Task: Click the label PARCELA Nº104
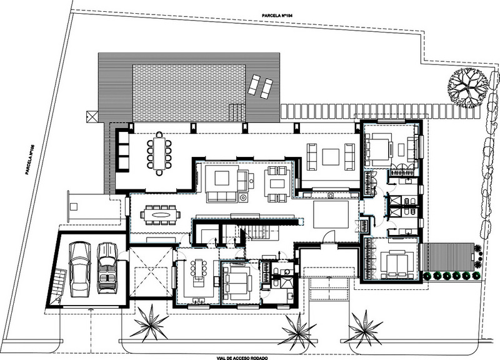coord(277,15)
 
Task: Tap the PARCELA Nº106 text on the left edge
coord(30,159)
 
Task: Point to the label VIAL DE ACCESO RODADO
coord(242,358)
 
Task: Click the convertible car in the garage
coord(107,268)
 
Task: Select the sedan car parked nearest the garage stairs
coord(80,269)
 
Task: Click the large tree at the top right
coord(467,88)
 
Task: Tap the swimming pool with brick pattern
coord(189,93)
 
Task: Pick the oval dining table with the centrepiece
coord(161,214)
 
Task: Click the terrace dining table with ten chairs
coord(159,154)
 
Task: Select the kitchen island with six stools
coord(198,271)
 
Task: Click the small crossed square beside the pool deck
coord(91,116)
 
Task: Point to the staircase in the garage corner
coord(59,285)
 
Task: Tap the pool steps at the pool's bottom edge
coord(236,112)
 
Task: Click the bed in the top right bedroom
coord(379,149)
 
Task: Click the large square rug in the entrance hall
coord(331,214)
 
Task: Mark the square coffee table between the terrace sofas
coord(331,157)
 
